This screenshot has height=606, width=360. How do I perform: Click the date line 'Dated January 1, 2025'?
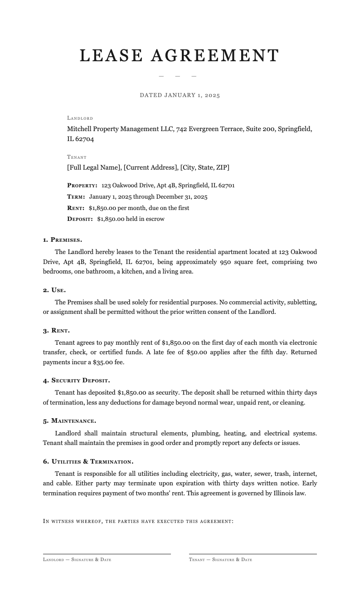[180, 95]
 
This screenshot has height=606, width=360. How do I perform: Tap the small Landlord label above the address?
[80, 118]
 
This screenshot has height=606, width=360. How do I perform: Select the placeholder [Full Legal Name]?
[94, 167]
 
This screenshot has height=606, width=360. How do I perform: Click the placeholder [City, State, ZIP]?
[204, 167]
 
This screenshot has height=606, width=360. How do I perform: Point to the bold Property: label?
[82, 186]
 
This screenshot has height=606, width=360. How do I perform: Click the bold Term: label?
[76, 197]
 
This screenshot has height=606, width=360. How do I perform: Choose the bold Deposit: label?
[80, 219]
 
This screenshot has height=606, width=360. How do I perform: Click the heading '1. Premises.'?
[63, 239]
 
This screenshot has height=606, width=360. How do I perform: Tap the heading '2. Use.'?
[54, 290]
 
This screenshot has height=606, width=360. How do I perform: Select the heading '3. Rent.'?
[56, 330]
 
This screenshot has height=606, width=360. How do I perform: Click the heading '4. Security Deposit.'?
[77, 380]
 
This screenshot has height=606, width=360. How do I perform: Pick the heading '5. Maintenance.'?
[69, 421]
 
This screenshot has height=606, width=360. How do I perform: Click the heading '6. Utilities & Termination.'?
[88, 462]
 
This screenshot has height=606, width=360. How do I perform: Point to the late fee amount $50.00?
[196, 352]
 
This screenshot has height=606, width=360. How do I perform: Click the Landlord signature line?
[107, 553]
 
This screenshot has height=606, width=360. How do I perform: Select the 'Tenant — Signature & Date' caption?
[220, 560]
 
